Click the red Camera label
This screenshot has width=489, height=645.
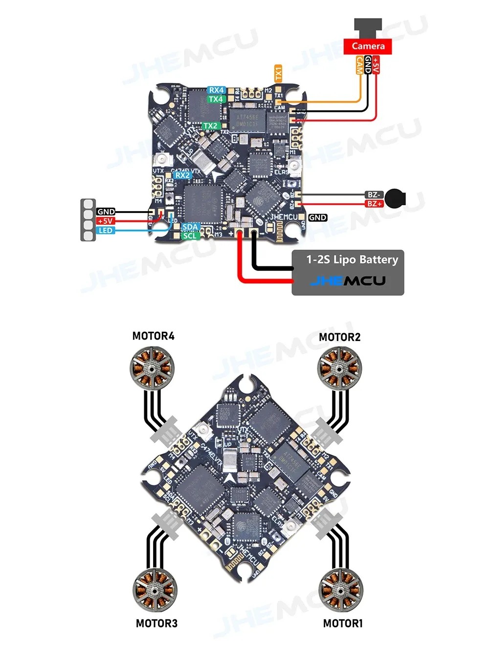(x=368, y=46)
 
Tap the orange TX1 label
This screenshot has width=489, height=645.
(x=278, y=73)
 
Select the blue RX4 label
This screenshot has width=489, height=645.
(x=216, y=90)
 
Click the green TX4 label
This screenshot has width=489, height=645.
(x=216, y=99)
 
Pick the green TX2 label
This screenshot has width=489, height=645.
(x=210, y=126)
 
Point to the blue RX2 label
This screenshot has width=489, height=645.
(x=182, y=175)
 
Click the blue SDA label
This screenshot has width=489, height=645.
(x=190, y=227)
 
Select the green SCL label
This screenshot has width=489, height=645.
(x=190, y=236)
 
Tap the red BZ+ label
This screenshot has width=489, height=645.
(x=375, y=203)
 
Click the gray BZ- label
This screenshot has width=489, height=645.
(x=374, y=194)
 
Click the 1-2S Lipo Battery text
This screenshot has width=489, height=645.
(x=352, y=259)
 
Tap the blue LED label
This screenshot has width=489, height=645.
(x=106, y=230)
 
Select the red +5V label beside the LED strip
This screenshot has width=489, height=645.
(x=106, y=221)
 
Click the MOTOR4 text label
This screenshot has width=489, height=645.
(x=153, y=336)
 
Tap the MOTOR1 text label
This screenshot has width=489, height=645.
(x=343, y=623)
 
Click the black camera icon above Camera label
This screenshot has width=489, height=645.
(x=368, y=27)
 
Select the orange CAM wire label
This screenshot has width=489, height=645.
(x=360, y=64)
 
